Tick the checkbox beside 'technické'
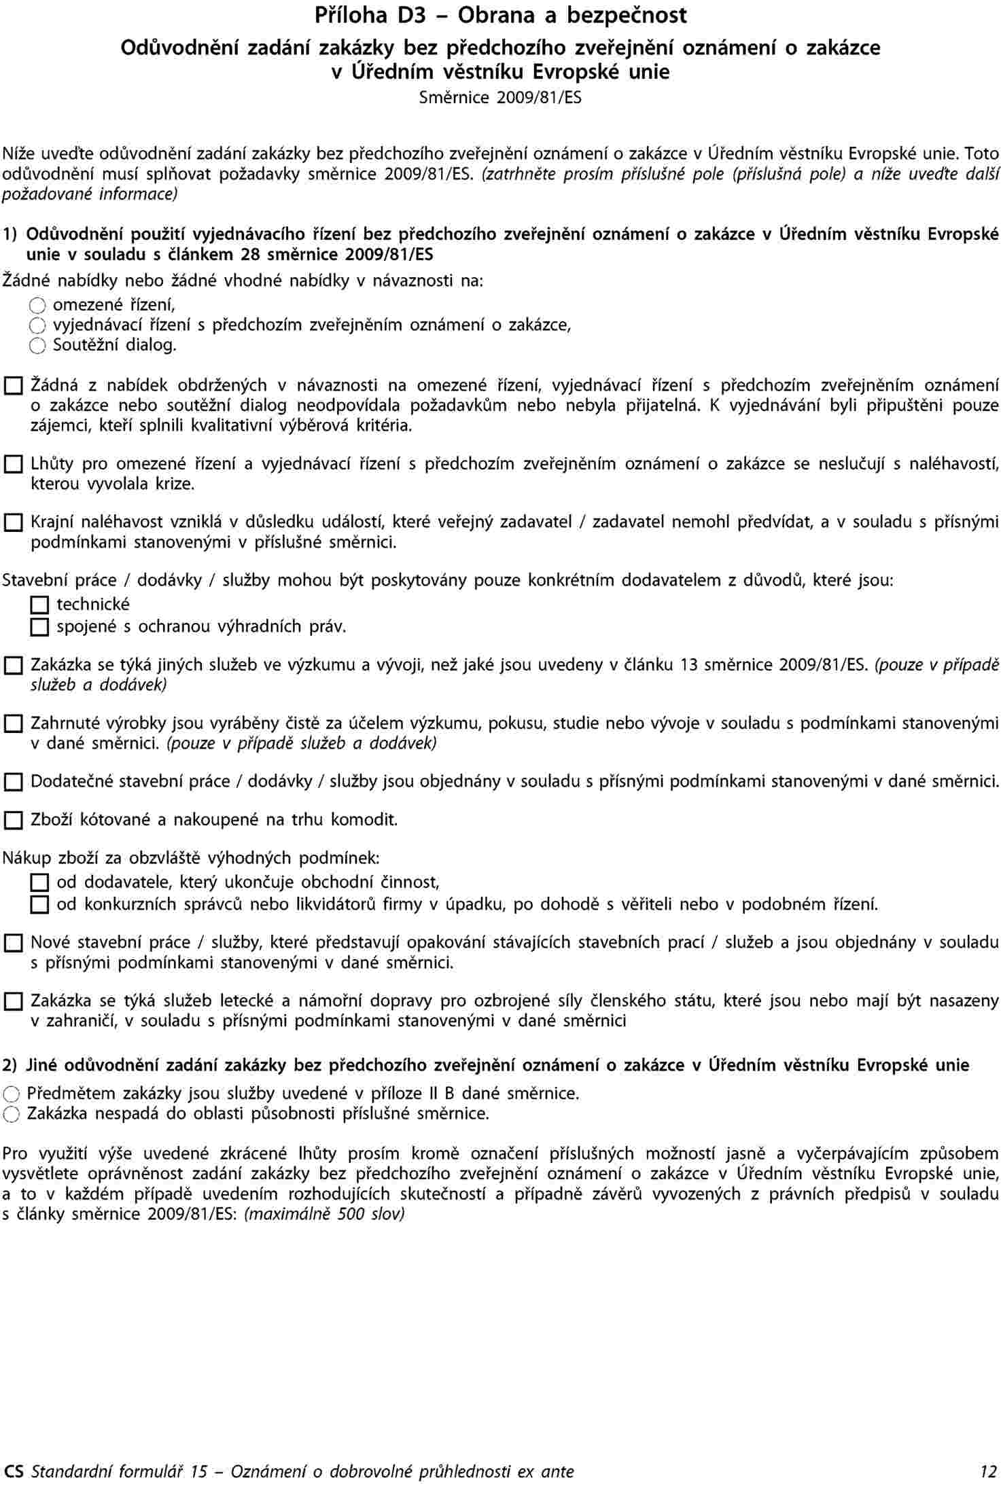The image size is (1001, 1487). tap(40, 605)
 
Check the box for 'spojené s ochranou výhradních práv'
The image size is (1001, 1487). tap(40, 626)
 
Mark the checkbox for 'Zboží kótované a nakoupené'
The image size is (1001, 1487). tap(13, 821)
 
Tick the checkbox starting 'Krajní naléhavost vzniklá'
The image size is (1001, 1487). tap(13, 522)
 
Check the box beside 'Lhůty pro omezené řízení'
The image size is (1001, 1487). tap(13, 465)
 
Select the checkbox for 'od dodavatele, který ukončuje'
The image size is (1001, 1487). tap(40, 883)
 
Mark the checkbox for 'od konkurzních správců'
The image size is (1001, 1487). tap(40, 905)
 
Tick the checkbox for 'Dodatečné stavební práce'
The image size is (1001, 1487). tap(13, 782)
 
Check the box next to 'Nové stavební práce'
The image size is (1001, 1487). tap(13, 943)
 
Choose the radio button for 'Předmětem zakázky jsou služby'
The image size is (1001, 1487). tap(12, 1094)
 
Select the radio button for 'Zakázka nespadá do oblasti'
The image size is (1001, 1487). tap(12, 1114)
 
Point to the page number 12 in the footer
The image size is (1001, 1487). tap(987, 1471)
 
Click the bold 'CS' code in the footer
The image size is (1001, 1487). tap(14, 1471)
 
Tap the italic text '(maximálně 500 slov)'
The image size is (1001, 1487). tap(324, 1214)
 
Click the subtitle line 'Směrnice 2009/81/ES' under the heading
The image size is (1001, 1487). tap(500, 98)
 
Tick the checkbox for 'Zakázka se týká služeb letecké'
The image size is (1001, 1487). tap(13, 1001)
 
